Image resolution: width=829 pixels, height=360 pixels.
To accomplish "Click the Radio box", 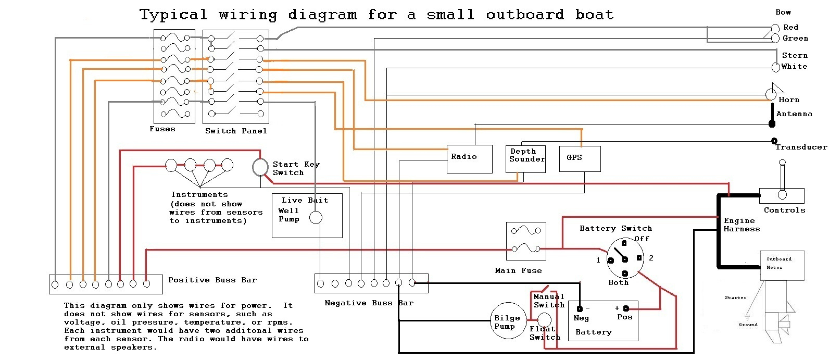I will pyautogui.click(x=469, y=159).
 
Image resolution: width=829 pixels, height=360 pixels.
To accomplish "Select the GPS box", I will pyautogui.click(x=580, y=159).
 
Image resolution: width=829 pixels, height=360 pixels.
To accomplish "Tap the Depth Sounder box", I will pyautogui.click(x=526, y=159).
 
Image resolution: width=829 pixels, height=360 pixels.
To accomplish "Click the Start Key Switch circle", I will pyautogui.click(x=260, y=167).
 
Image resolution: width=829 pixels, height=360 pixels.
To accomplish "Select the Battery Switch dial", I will pyautogui.click(x=625, y=257).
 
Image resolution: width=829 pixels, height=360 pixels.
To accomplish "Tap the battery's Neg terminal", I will pyautogui.click(x=579, y=308).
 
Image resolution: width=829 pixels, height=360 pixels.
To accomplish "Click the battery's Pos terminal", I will pyautogui.click(x=626, y=308).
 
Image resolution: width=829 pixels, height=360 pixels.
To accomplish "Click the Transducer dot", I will pyautogui.click(x=774, y=141).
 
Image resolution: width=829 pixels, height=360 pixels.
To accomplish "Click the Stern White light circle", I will pyautogui.click(x=776, y=67).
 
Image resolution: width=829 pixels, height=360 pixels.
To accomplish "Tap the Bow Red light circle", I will pyautogui.click(x=775, y=28).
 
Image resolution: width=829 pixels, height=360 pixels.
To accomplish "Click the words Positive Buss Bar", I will pyautogui.click(x=212, y=280).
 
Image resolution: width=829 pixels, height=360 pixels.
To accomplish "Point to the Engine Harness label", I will pyautogui.click(x=742, y=225).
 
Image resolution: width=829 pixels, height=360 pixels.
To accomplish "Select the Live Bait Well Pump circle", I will pyautogui.click(x=316, y=218).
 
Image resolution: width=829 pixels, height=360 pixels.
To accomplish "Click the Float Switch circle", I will pyautogui.click(x=544, y=319).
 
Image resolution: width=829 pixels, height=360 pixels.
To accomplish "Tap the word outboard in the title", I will pyautogui.click(x=524, y=15).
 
